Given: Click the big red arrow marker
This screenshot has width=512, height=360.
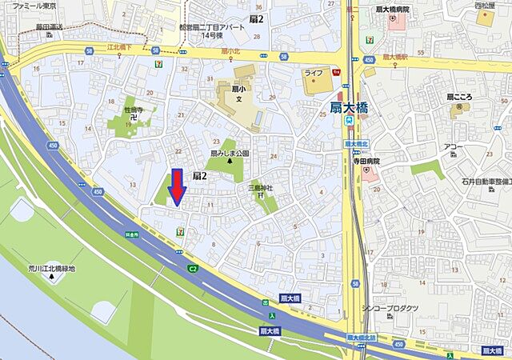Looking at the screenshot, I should (x=178, y=188).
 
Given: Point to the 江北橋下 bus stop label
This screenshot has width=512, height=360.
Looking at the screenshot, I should (x=124, y=48).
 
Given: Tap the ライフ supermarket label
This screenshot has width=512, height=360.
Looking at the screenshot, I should (x=313, y=73).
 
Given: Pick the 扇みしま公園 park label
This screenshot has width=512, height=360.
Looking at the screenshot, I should (x=230, y=152).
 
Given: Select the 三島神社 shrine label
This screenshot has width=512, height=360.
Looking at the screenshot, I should (x=260, y=189).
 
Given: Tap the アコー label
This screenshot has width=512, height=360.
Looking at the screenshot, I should (x=454, y=147).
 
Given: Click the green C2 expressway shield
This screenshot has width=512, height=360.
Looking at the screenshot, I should (x=193, y=269).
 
